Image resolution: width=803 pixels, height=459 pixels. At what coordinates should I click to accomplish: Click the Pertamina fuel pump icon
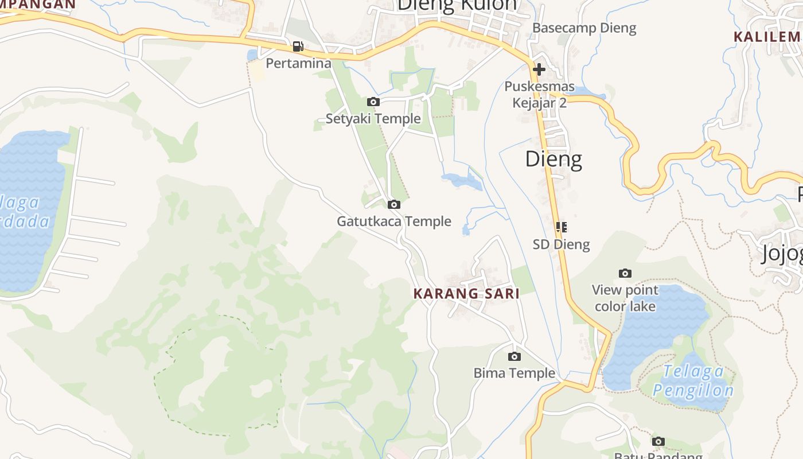tap(298, 46)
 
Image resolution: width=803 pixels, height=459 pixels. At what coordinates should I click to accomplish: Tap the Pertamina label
tap(298, 63)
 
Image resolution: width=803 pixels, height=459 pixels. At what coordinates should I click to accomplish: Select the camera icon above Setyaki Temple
tap(373, 102)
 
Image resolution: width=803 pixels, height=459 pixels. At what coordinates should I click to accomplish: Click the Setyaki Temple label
tap(373, 119)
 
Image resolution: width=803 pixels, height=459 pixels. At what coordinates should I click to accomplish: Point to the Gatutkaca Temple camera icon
tap(393, 204)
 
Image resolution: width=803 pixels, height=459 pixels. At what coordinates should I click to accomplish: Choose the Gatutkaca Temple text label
tap(394, 221)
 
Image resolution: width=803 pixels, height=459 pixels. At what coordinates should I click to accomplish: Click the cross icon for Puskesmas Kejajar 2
tap(539, 69)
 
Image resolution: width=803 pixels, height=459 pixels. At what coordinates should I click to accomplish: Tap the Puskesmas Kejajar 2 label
tap(539, 95)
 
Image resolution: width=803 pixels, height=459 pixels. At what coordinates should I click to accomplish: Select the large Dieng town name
tap(553, 159)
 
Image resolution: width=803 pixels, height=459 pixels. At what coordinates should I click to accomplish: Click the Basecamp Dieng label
tap(584, 28)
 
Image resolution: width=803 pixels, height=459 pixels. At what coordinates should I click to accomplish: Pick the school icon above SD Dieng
tap(562, 227)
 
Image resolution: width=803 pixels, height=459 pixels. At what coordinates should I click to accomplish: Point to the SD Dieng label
tap(561, 244)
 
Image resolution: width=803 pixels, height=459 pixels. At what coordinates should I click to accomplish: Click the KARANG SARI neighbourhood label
tap(466, 294)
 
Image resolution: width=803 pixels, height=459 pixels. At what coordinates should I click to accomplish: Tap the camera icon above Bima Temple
tap(514, 356)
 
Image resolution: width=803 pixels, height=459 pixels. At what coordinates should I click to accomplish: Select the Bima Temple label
tap(514, 373)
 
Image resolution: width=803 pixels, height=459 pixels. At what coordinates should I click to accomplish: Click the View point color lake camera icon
tap(625, 273)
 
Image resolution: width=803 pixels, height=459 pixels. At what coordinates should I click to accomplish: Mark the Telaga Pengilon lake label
tap(693, 381)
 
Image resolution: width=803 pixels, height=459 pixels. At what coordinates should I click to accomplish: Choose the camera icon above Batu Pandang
tap(658, 441)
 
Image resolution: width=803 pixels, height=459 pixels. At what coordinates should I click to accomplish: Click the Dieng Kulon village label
tap(457, 5)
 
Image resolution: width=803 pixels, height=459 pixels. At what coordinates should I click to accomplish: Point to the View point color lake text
tap(625, 298)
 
